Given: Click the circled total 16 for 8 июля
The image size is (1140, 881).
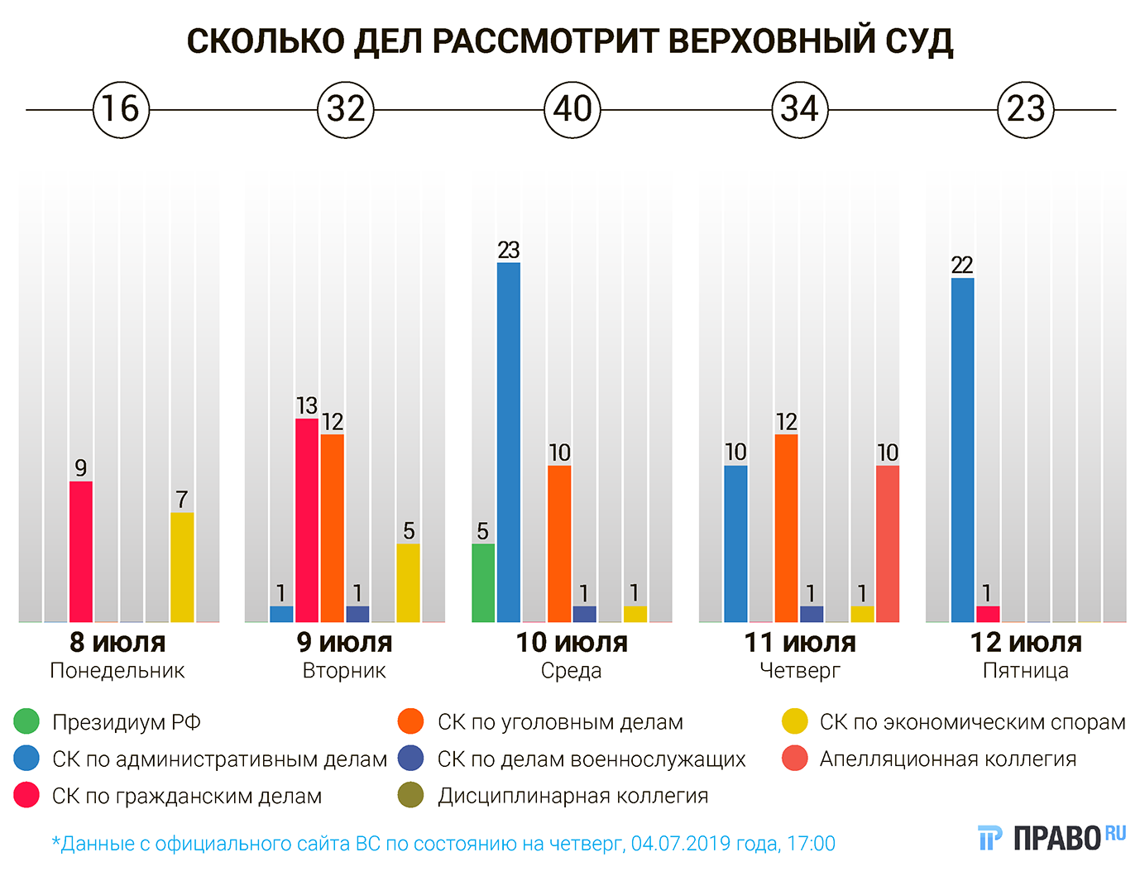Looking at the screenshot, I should [x=121, y=109].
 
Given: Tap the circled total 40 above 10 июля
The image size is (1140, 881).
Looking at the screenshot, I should [x=572, y=109].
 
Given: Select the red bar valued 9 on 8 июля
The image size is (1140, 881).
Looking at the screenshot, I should [x=81, y=551].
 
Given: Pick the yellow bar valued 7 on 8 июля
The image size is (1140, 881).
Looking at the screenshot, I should [x=182, y=567].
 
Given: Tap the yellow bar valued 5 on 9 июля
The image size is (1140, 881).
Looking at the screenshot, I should [x=408, y=582].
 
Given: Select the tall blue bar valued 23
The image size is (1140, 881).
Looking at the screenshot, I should [x=509, y=442].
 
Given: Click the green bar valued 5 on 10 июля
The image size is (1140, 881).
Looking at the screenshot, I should [x=483, y=582].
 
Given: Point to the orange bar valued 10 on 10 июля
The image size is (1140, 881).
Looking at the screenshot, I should [x=559, y=543].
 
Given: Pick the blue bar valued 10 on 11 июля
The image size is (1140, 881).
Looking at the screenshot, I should [x=735, y=543].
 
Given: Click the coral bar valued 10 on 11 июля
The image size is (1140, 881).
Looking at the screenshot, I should [x=888, y=543].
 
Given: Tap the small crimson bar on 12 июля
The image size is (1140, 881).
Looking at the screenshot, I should [x=988, y=614].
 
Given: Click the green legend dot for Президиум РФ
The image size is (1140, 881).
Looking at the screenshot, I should [x=26, y=722].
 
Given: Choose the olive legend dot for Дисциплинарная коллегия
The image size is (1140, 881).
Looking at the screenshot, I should [x=410, y=796].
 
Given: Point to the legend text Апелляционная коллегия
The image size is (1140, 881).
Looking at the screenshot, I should [x=948, y=759].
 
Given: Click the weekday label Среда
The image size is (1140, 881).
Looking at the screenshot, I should [x=572, y=671].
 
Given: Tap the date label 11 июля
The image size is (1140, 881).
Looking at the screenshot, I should [x=799, y=643].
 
